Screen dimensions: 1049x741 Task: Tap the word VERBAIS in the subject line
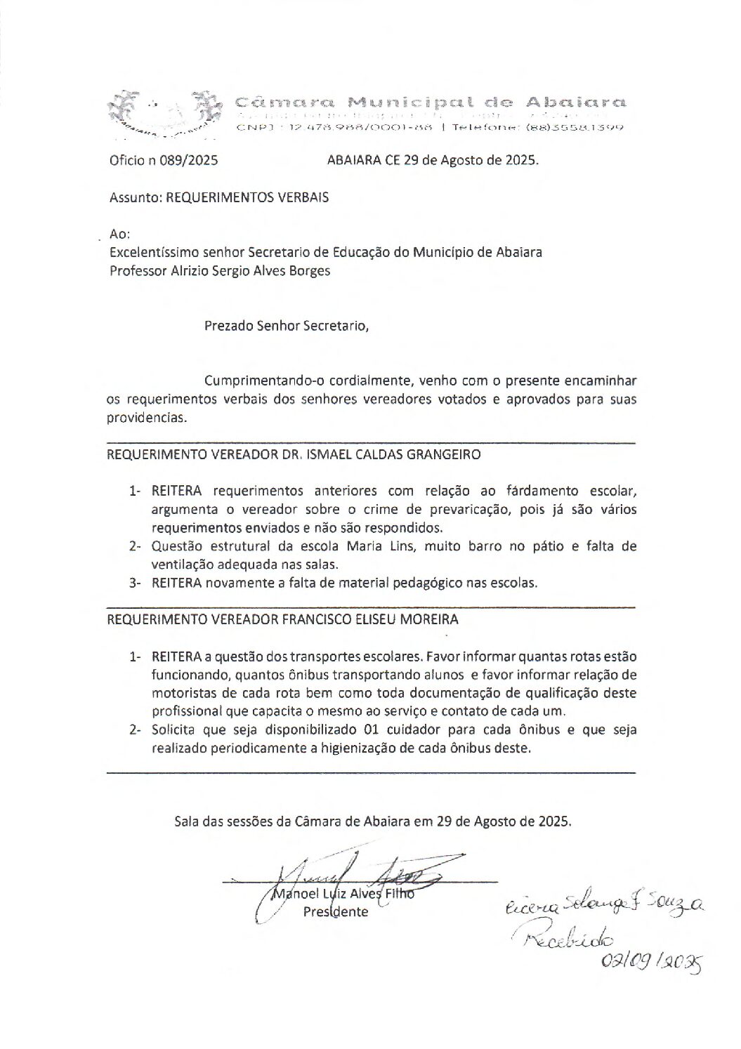(x=303, y=198)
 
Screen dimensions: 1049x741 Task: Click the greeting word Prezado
(x=228, y=326)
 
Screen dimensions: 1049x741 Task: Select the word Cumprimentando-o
(x=264, y=381)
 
